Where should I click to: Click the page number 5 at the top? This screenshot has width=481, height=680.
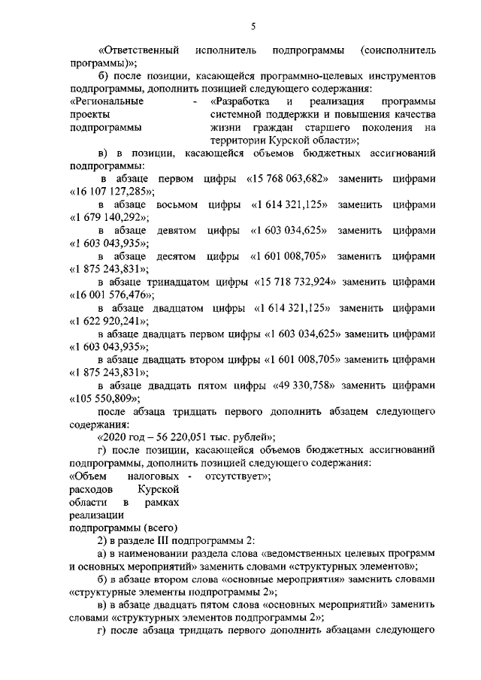click(253, 27)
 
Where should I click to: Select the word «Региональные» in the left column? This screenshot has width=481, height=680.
click(107, 101)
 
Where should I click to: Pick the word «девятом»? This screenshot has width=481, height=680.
click(178, 230)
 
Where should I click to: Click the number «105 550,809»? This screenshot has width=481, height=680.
click(102, 397)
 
